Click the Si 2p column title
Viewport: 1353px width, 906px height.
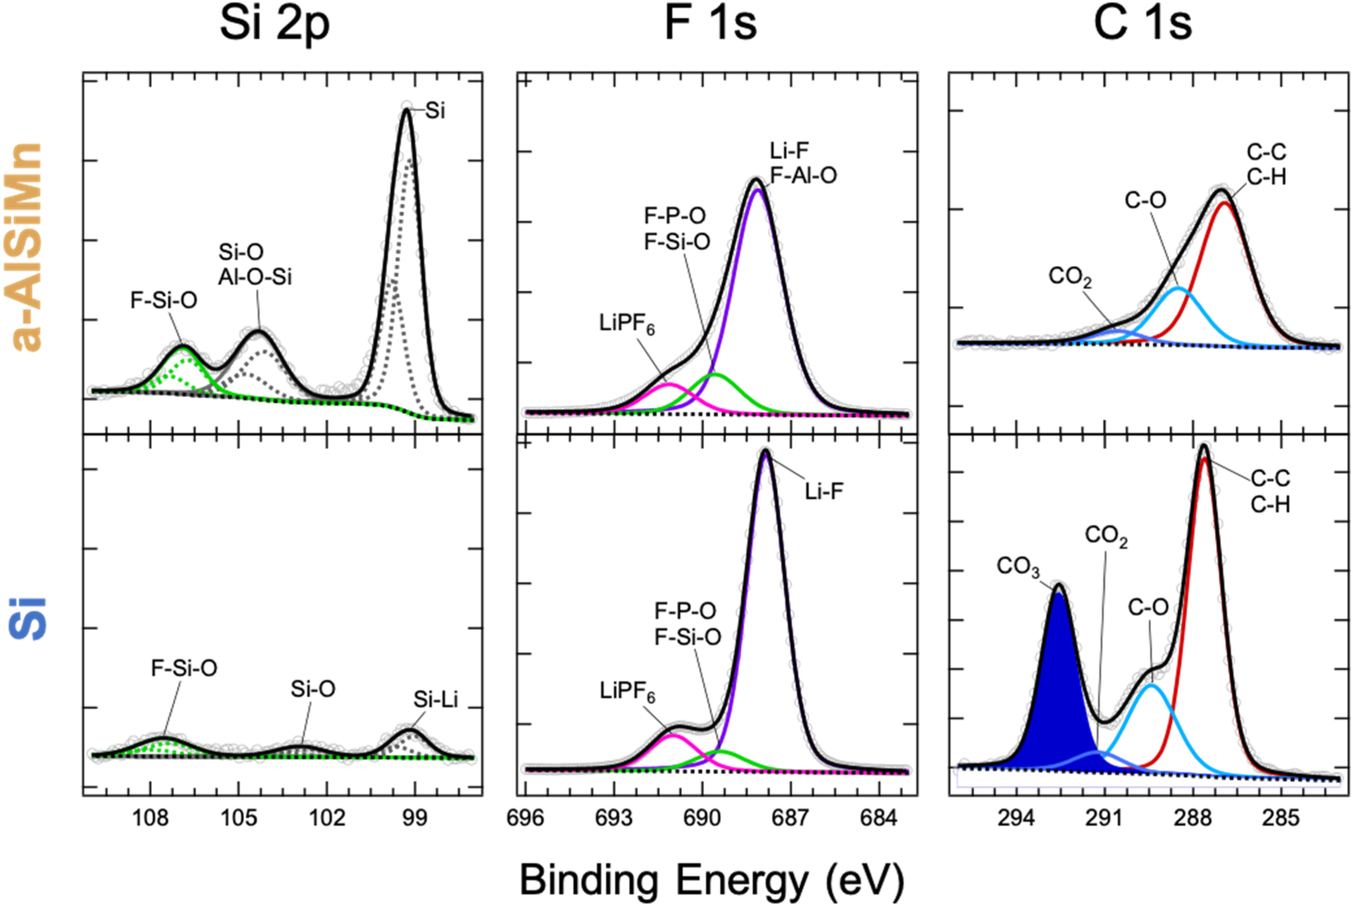pos(274,24)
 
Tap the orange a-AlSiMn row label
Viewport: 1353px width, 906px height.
pos(28,246)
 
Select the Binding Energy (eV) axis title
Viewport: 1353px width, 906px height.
pos(711,880)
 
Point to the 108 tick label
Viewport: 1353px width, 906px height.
pos(150,818)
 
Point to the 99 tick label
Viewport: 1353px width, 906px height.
pos(415,818)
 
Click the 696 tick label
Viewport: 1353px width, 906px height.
pos(526,818)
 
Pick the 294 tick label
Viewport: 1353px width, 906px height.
pos(1015,818)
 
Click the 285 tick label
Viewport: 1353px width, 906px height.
pos(1280,818)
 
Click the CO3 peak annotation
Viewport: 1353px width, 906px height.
pos(1017,567)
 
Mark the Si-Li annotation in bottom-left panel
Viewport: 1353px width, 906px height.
pos(436,699)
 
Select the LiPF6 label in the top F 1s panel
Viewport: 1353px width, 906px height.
pos(627,324)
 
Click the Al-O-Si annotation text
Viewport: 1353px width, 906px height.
pos(255,277)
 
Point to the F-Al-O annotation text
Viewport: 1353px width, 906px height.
pos(803,176)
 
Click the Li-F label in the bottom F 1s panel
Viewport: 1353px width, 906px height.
pos(824,491)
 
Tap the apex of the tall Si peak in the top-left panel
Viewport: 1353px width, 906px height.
pos(406,109)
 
